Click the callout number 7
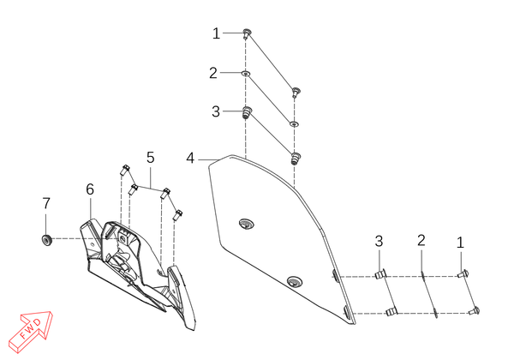click(46, 204)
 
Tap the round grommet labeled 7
click(47, 240)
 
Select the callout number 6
click(90, 189)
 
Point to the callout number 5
click(150, 158)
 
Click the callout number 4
click(190, 159)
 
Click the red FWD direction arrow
click(31, 332)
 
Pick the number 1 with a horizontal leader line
click(216, 33)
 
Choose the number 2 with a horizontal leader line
click(213, 73)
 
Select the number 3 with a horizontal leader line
click(216, 111)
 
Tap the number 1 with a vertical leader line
click(460, 243)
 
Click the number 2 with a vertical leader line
click(421, 241)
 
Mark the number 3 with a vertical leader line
click(379, 242)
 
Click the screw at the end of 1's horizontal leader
click(247, 33)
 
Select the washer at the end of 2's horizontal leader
click(246, 74)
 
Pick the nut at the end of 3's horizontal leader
click(247, 112)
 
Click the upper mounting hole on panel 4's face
click(247, 225)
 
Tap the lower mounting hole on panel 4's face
click(295, 282)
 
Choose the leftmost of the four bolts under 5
click(124, 171)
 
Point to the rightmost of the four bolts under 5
click(177, 215)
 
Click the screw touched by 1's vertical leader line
click(463, 273)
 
